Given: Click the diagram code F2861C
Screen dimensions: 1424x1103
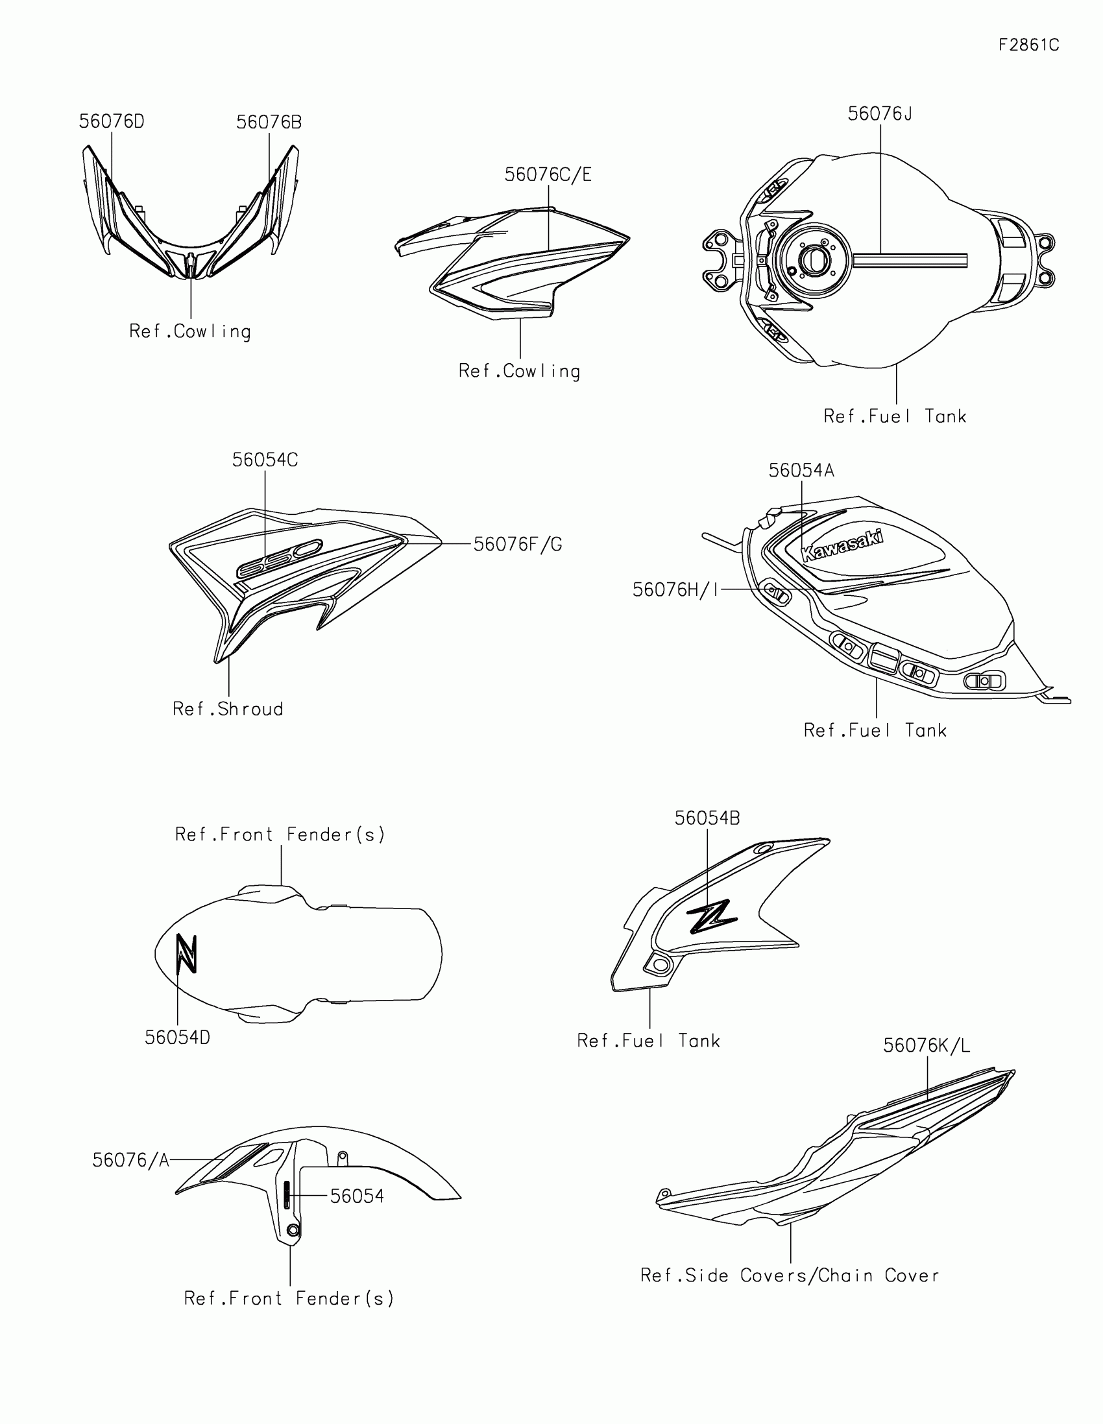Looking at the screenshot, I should [1028, 45].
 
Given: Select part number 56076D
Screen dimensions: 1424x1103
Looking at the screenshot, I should [112, 122].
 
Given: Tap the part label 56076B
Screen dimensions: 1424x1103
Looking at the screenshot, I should [269, 123].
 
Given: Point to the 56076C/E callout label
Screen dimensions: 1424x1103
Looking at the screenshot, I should [548, 174].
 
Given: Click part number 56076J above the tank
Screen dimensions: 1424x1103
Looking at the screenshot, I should [879, 114].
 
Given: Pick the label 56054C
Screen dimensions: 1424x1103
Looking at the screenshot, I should [265, 460].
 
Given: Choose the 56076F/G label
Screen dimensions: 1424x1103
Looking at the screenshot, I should [517, 545].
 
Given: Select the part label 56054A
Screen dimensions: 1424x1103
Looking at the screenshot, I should [801, 471].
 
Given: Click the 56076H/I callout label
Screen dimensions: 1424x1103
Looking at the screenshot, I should [675, 590].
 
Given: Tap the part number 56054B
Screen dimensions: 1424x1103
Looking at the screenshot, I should [707, 818].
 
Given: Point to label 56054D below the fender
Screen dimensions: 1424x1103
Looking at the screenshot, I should [177, 1038].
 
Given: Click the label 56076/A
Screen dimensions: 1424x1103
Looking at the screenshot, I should [130, 1161].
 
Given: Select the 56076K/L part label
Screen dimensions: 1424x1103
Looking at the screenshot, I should [927, 1046].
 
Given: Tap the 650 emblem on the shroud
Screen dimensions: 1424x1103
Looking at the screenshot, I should [279, 559].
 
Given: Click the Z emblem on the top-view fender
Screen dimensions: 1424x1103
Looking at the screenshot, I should [187, 954].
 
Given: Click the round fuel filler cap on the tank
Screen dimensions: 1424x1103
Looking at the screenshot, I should [813, 261].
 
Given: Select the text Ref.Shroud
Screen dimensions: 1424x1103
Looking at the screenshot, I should [228, 709].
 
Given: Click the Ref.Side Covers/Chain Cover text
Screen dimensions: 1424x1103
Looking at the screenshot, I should [789, 1276].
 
